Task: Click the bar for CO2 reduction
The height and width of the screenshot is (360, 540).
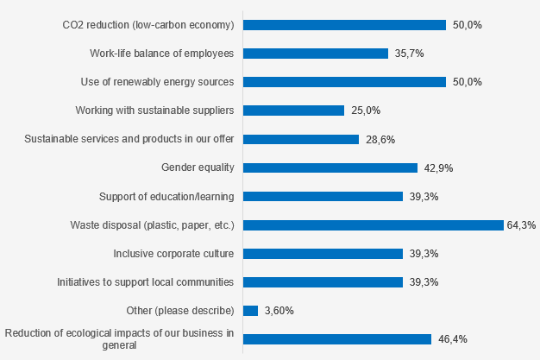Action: pos(344,25)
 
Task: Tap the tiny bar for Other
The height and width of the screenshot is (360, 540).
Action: pos(251,311)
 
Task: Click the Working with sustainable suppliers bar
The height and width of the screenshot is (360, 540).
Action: pos(294,111)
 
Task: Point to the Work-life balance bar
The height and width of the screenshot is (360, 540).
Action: pos(316,54)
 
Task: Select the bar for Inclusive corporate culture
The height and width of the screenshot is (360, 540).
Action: pos(323,254)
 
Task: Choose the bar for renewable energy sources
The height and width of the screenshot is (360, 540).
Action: pos(344,82)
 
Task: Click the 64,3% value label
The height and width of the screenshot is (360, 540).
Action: pos(520,225)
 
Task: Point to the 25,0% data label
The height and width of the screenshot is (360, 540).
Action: pos(363,111)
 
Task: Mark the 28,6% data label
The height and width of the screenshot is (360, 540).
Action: pos(377,139)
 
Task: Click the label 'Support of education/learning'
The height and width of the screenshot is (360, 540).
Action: pos(166,196)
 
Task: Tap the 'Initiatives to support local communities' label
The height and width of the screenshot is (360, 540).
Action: pos(145,282)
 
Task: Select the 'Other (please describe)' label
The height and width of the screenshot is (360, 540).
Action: pos(179,311)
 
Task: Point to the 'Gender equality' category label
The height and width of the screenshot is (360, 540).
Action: pos(198,167)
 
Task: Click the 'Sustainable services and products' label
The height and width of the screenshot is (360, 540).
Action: pos(129,139)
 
